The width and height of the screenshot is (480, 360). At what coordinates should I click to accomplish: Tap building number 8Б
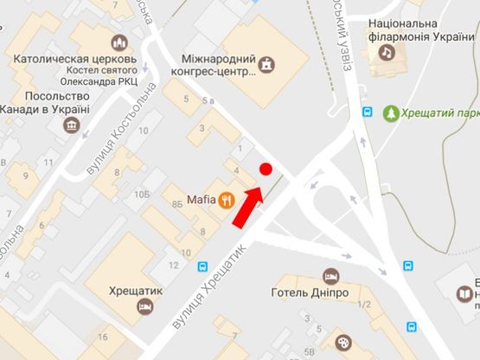click(176, 204)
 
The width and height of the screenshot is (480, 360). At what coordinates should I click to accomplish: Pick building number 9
click(25, 176)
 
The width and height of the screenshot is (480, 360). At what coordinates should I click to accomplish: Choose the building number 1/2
click(364, 304)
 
